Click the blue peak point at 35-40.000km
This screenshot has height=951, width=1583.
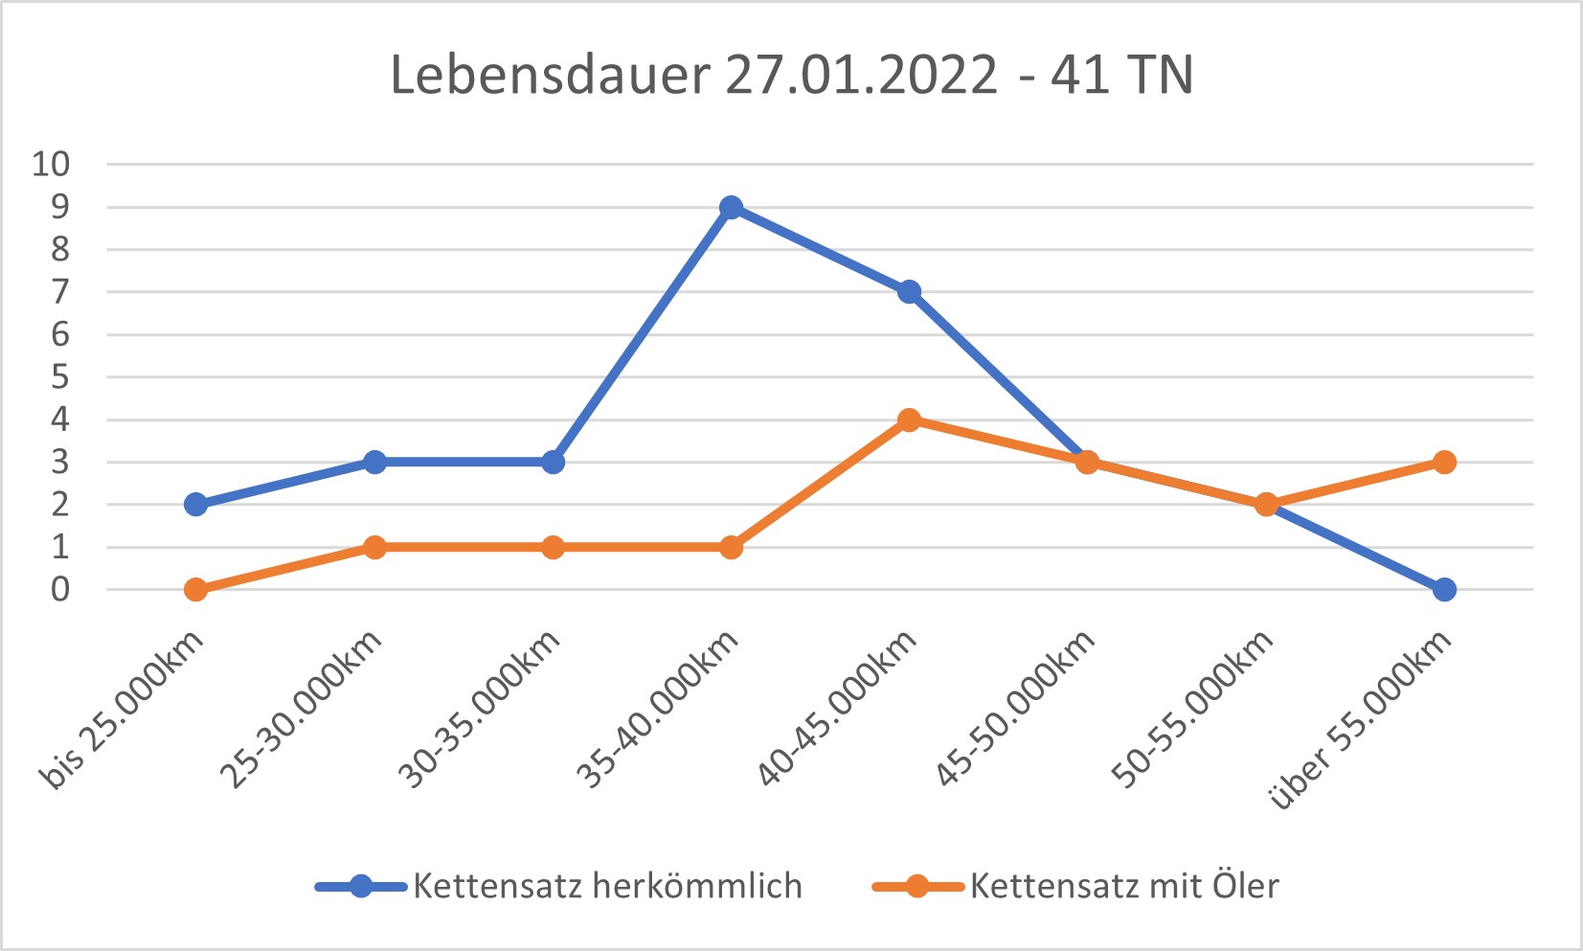(x=731, y=207)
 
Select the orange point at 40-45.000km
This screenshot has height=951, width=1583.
(x=909, y=419)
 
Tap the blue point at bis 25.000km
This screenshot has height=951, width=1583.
(x=195, y=505)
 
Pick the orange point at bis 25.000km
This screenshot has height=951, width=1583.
(x=195, y=589)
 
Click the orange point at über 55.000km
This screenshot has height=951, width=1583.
(x=1444, y=462)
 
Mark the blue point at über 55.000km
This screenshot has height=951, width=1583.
(x=1444, y=589)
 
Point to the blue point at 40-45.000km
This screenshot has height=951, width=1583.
(x=909, y=291)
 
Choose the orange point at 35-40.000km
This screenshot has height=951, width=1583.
(x=731, y=547)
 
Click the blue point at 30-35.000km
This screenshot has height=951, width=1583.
(x=553, y=462)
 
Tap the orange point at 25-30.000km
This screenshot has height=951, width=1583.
(x=374, y=547)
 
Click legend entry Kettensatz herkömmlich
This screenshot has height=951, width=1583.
(x=607, y=886)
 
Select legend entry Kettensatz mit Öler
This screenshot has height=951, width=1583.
(x=1123, y=886)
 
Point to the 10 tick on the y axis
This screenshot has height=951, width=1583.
(x=52, y=164)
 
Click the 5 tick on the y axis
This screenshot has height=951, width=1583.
(x=60, y=376)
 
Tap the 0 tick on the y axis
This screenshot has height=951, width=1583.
(x=60, y=589)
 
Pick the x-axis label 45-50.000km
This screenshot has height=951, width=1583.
(x=1015, y=710)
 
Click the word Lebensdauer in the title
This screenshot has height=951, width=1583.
(x=550, y=75)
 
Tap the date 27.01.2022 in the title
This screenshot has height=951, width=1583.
(x=862, y=75)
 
